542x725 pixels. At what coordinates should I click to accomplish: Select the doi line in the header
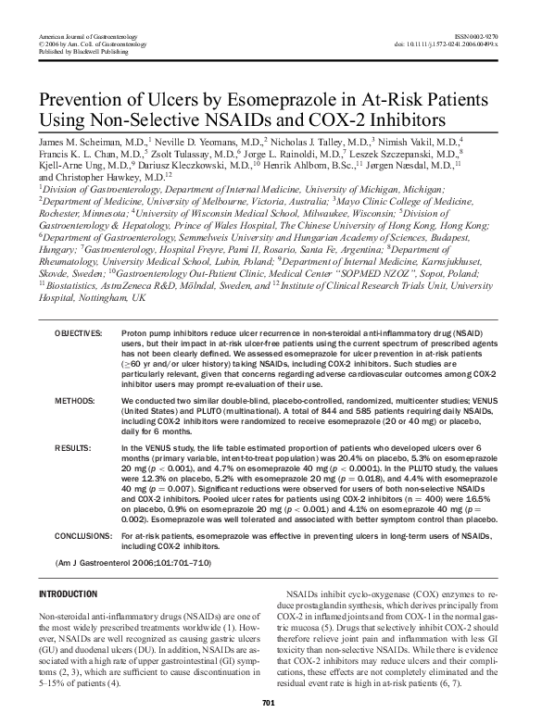point(446,44)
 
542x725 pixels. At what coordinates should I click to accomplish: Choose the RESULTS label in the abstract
point(72,446)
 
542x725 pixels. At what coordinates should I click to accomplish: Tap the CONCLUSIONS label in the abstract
point(84,535)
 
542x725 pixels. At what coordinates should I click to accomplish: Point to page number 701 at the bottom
point(271,703)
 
